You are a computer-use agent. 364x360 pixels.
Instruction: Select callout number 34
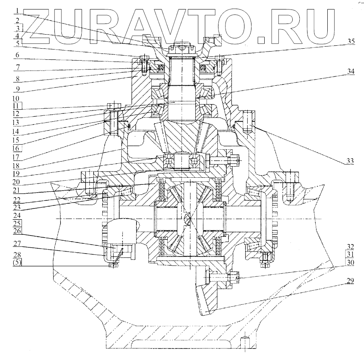coord(350,71)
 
